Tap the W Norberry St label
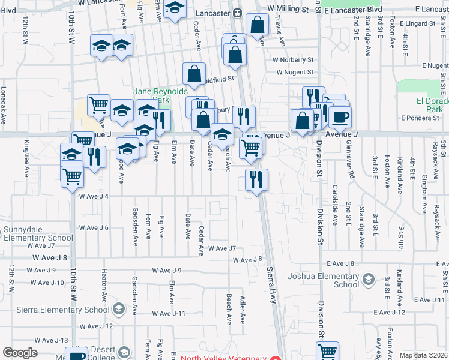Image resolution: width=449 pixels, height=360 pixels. (293, 60)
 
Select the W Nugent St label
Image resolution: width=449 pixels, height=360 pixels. (295, 72)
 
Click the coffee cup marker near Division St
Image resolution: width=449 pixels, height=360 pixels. (340, 116)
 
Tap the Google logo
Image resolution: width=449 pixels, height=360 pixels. (20, 353)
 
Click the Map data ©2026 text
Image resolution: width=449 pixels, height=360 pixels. (423, 355)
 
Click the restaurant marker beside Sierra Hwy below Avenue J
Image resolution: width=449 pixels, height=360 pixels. (256, 179)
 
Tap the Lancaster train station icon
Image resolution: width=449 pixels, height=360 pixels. (238, 13)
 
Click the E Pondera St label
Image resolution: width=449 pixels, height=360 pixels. (427, 118)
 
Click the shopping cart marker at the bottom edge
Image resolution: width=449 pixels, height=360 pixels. (327, 352)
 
